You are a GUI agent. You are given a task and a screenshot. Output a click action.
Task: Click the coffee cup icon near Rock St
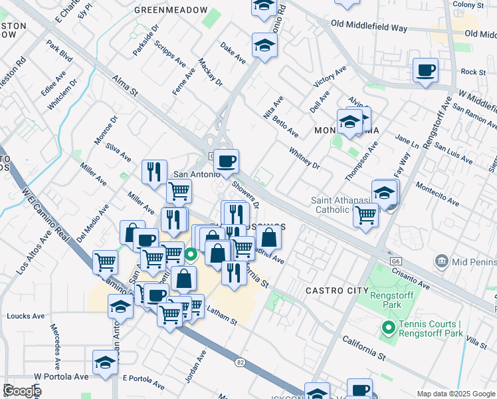point(425,70)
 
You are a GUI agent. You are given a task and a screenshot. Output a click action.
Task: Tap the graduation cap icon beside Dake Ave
point(264,46)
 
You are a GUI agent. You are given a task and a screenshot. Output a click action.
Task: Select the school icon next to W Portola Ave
point(105,362)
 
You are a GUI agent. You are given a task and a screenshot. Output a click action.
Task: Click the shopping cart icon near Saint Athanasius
point(365,215)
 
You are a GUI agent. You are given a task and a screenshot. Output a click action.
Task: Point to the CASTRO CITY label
point(337,291)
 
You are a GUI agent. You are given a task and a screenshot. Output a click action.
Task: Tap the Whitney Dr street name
point(304,158)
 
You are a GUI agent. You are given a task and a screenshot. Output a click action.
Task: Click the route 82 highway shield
point(240,362)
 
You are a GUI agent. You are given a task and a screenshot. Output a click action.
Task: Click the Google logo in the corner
point(21,391)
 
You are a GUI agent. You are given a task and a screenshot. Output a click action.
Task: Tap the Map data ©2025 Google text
point(456,394)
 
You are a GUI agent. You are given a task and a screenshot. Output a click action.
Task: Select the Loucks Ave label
point(24,317)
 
